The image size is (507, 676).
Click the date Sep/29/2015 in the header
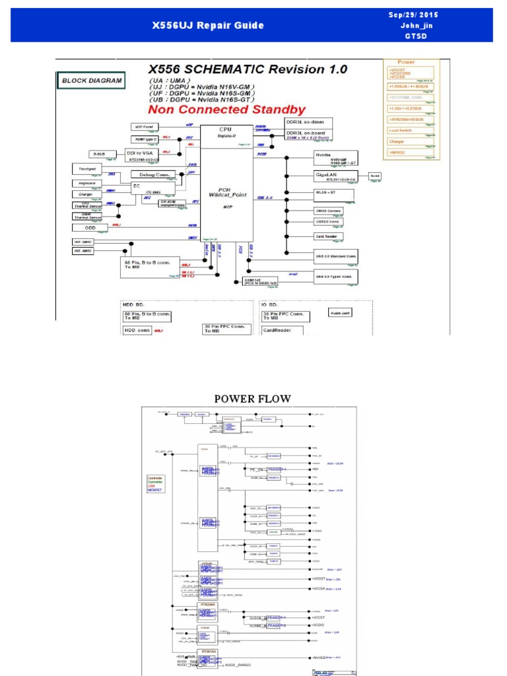click(413, 15)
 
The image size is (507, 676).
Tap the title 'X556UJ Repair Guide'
click(208, 26)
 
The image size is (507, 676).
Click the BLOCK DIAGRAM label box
click(92, 81)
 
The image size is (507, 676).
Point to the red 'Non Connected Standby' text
click(226, 110)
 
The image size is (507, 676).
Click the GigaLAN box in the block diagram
click(336, 176)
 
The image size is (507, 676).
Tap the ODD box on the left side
click(90, 228)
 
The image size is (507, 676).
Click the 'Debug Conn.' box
click(152, 174)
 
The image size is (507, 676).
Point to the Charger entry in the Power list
click(409, 141)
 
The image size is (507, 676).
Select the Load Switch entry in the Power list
click(409, 130)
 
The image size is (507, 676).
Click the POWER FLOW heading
click(252, 399)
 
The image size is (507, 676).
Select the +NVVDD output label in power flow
click(320, 658)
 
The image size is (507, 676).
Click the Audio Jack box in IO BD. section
click(341, 312)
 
